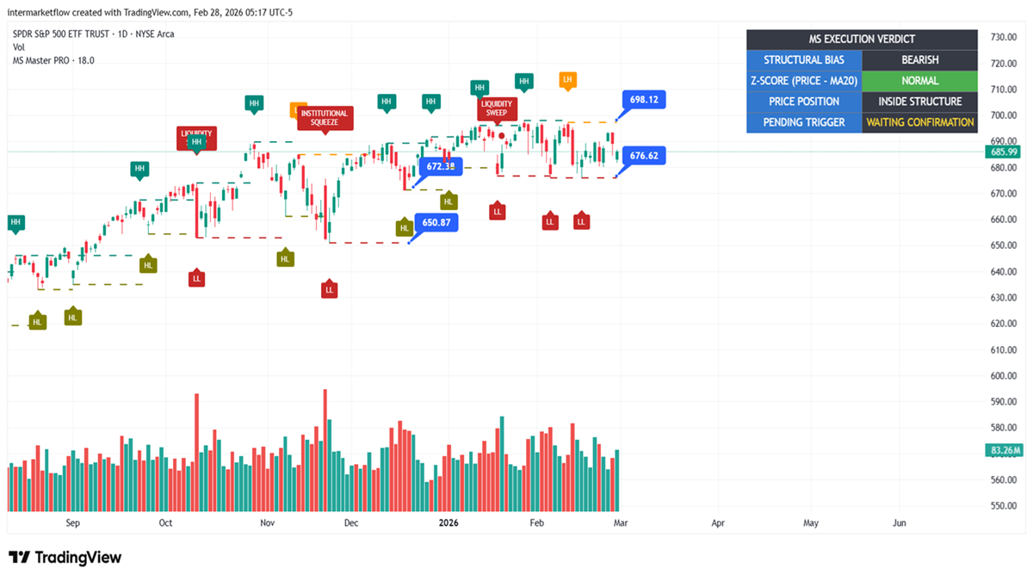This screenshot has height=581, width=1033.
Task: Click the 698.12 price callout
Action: tap(644, 100)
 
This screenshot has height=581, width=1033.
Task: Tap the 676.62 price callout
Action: tap(644, 156)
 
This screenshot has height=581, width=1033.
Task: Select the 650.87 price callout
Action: tap(436, 222)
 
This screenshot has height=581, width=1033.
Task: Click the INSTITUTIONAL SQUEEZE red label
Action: tap(325, 118)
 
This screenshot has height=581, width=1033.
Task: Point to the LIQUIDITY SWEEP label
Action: tap(497, 108)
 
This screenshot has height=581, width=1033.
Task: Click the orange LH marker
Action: tap(566, 80)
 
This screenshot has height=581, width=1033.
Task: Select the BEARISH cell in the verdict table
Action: tap(920, 60)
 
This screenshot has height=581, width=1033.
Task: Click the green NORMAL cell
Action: tap(920, 81)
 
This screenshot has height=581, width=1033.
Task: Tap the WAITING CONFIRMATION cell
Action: tap(920, 122)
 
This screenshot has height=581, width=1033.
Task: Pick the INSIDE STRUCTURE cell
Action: tap(920, 102)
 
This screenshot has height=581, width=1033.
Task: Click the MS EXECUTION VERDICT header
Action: tap(862, 40)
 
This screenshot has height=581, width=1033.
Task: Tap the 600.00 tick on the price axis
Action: tap(1004, 376)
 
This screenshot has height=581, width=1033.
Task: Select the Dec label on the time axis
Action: tap(350, 522)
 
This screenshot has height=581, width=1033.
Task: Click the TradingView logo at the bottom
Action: tap(65, 558)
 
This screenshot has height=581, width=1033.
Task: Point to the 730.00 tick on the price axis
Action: tap(1004, 37)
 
